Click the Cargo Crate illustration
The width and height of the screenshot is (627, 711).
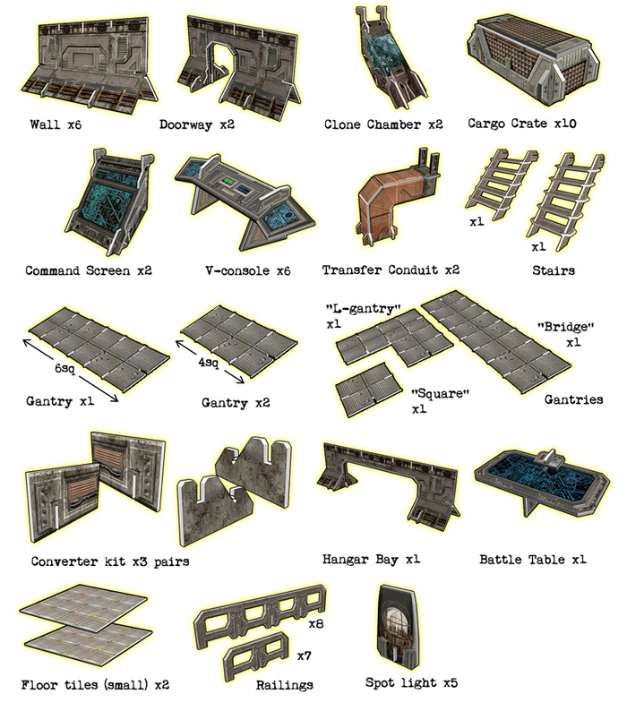pyautogui.click(x=534, y=60)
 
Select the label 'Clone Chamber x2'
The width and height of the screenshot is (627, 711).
pyautogui.click(x=383, y=124)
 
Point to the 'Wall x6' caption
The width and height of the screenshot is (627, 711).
pyautogui.click(x=56, y=124)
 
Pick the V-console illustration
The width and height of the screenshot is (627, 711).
pyautogui.click(x=245, y=201)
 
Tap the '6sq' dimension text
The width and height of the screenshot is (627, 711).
pyautogui.click(x=64, y=368)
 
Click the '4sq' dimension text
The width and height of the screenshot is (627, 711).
pyautogui.click(x=208, y=363)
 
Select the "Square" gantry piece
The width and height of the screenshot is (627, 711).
pyautogui.click(x=368, y=389)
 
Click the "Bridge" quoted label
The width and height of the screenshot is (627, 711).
pyautogui.click(x=565, y=327)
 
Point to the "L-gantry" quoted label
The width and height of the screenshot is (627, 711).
pyautogui.click(x=364, y=309)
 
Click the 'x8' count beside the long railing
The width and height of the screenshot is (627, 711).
pyautogui.click(x=316, y=624)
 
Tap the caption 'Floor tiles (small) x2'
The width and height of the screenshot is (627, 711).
pyautogui.click(x=95, y=685)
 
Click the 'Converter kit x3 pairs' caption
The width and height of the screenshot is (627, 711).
pyautogui.click(x=110, y=561)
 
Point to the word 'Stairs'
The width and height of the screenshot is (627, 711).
pyautogui.click(x=554, y=270)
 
